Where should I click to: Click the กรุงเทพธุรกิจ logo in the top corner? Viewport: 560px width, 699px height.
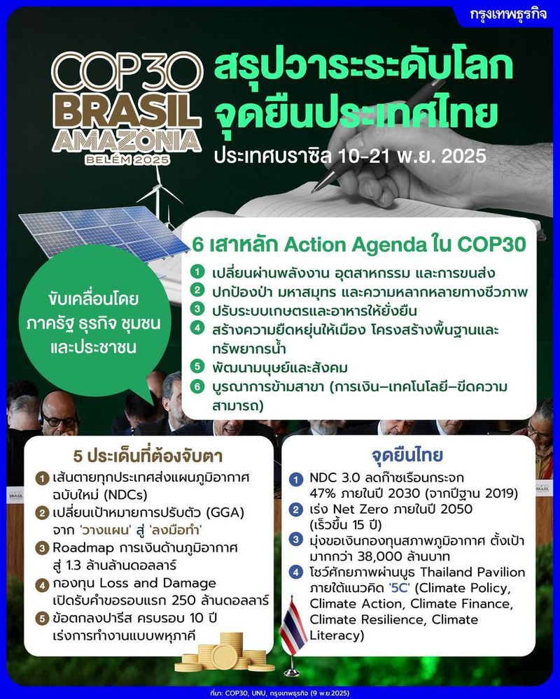pyautogui.click(x=510, y=15)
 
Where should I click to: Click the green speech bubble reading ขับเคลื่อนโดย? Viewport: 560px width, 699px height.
pyautogui.click(x=89, y=321)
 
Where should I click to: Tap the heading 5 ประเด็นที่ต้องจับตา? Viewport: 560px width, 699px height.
pyautogui.click(x=148, y=456)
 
